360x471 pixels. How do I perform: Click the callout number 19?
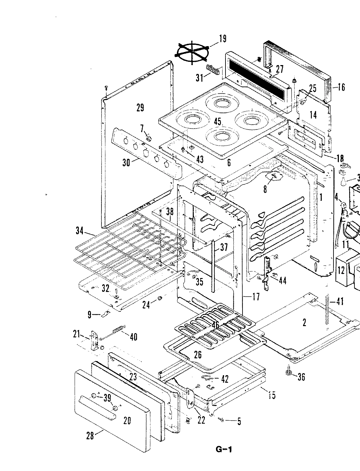pyautogui.click(x=222, y=39)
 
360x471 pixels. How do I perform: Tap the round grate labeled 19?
pyautogui.click(x=192, y=52)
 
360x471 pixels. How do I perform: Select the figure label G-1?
pyautogui.click(x=224, y=449)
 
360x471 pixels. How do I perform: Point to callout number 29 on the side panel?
pyautogui.click(x=140, y=108)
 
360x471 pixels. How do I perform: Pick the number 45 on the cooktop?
pyautogui.click(x=218, y=122)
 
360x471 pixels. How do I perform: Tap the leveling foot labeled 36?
pyautogui.click(x=289, y=373)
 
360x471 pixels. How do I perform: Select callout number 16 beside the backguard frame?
pyautogui.click(x=341, y=87)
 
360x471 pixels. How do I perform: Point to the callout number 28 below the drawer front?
pyautogui.click(x=90, y=435)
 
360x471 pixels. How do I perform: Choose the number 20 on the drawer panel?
pyautogui.click(x=127, y=420)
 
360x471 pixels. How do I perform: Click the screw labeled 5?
pyautogui.click(x=222, y=420)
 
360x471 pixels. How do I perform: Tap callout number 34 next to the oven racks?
pyautogui.click(x=80, y=231)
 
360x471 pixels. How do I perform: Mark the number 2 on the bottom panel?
pyautogui.click(x=304, y=323)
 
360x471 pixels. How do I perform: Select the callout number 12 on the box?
pyautogui.click(x=341, y=270)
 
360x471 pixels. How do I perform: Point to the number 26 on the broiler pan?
pyautogui.click(x=198, y=355)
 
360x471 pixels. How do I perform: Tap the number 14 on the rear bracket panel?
pyautogui.click(x=313, y=115)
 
